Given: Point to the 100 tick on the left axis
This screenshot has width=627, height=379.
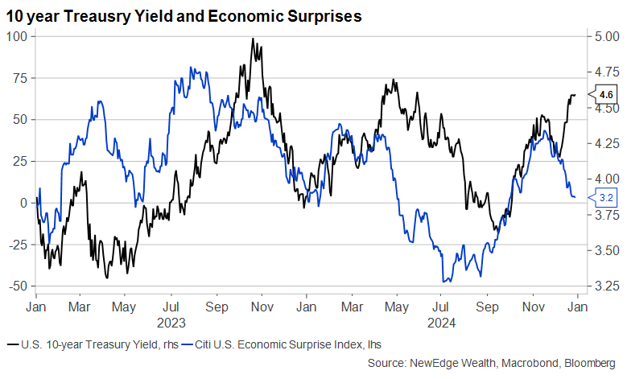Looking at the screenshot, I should tap(16, 37).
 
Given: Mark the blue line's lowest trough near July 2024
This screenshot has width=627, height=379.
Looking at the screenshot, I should tap(445, 282).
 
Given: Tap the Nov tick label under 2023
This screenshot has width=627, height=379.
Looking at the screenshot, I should tap(259, 307).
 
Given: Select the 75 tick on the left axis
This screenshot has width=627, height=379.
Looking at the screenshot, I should tap(19, 78).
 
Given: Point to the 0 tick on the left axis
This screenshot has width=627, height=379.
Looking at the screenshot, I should tap(24, 203).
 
